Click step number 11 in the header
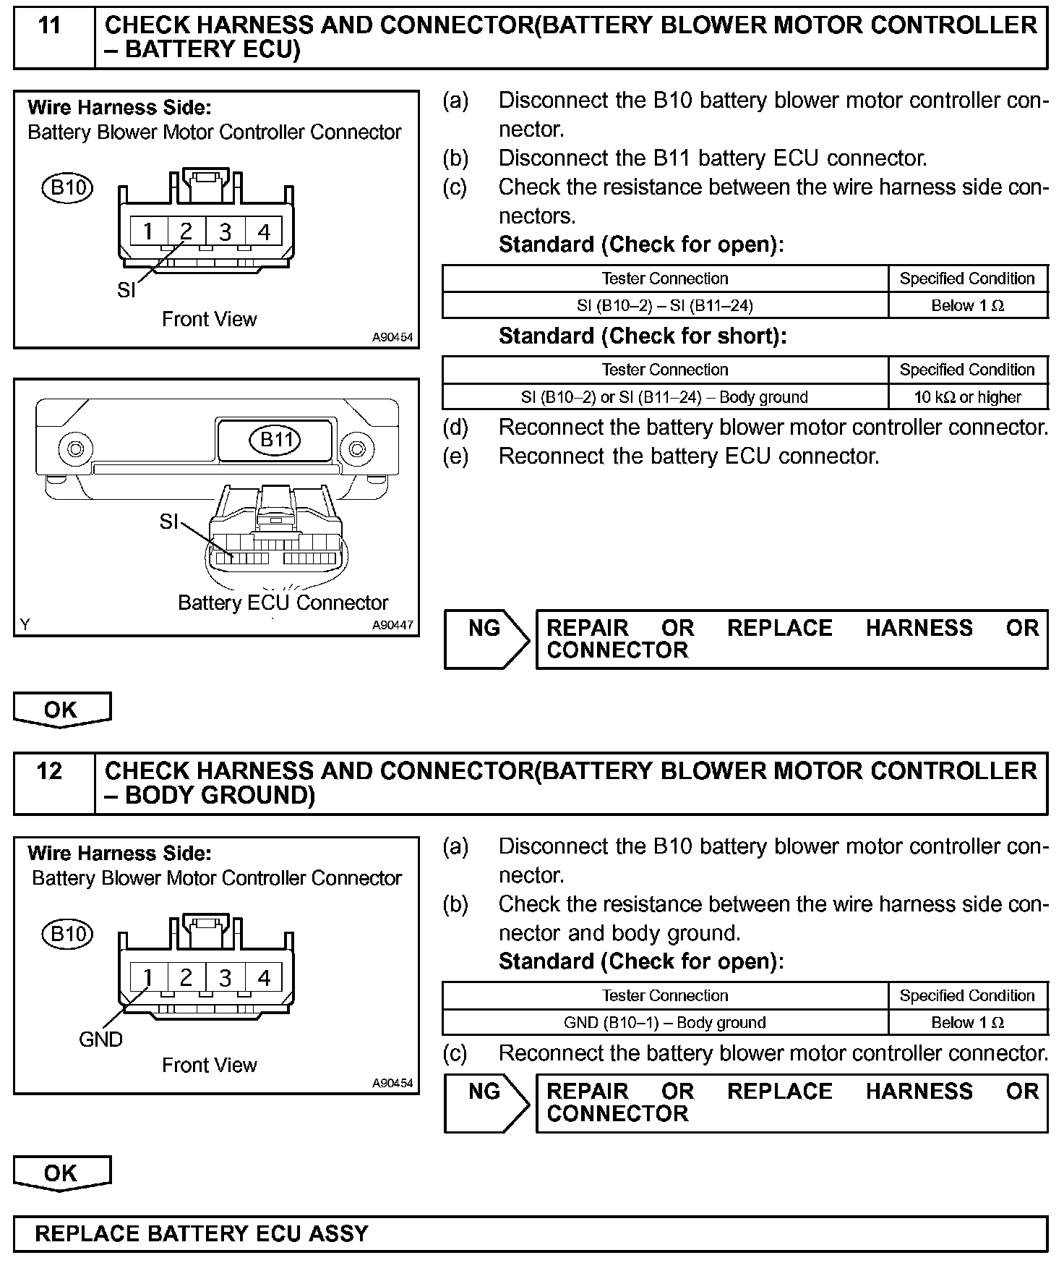[49, 26]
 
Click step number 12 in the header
[49, 771]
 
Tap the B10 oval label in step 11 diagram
[68, 188]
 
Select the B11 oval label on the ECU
[275, 439]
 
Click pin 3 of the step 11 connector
[226, 231]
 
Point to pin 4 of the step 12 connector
[264, 977]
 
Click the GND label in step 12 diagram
[100, 1039]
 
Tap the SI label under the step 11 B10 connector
[126, 290]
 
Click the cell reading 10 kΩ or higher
[967, 397]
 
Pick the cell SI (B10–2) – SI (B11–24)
[664, 305]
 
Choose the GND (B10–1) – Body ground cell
[664, 1022]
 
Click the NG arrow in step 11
[486, 638]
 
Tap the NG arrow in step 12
[486, 1102]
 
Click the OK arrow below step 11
[61, 710]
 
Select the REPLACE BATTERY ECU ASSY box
[530, 1233]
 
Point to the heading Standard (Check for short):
[642, 336]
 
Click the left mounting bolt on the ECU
[74, 448]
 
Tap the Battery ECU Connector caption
[283, 603]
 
